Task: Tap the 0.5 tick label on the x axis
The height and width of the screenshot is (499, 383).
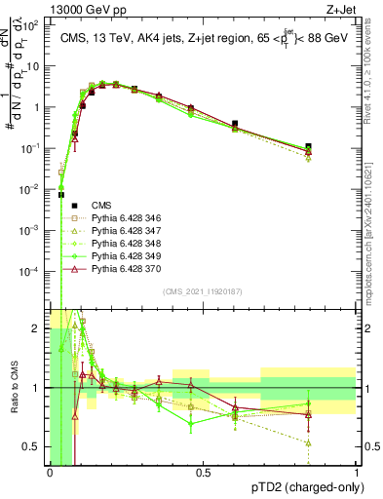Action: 204,473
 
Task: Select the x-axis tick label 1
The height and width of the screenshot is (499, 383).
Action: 357,473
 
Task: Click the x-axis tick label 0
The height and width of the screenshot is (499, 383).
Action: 51,473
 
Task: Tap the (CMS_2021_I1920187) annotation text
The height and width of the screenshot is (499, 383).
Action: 203,290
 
